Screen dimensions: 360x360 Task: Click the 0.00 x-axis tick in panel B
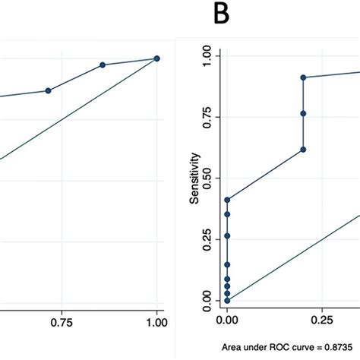pyautogui.click(x=227, y=322)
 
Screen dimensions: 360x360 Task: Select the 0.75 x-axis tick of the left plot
pyautogui.click(x=62, y=322)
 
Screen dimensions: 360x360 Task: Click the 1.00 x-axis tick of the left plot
pyautogui.click(x=157, y=322)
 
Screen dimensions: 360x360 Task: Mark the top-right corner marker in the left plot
pyautogui.click(x=157, y=58)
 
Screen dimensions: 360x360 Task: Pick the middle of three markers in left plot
pyautogui.click(x=103, y=65)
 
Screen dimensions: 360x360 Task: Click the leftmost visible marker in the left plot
pyautogui.click(x=48, y=90)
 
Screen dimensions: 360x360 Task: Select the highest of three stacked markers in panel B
pyautogui.click(x=303, y=77)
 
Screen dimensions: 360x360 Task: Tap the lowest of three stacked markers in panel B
pyautogui.click(x=303, y=150)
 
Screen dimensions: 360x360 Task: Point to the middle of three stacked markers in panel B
pyautogui.click(x=303, y=113)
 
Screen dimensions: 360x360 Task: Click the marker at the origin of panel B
pyautogui.click(x=227, y=301)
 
